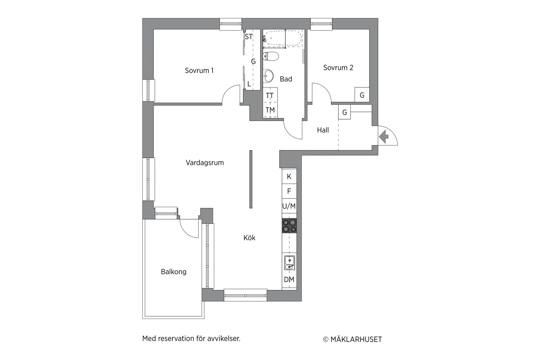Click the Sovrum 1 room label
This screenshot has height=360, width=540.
(199, 71)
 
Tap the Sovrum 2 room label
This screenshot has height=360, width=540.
(338, 68)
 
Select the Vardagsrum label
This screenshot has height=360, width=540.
(205, 163)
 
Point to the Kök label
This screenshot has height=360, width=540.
(249, 238)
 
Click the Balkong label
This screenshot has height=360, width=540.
(173, 272)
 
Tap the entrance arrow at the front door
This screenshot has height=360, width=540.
(384, 136)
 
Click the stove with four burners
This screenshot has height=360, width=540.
(289, 226)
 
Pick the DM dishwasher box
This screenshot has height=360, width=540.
(289, 280)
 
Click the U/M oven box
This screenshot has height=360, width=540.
(289, 206)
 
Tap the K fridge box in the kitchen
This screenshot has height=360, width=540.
(289, 177)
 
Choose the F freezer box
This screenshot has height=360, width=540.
(289, 191)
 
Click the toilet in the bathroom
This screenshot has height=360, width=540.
(271, 56)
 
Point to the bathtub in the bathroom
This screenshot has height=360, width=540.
(283, 38)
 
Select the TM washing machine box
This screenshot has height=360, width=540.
(270, 110)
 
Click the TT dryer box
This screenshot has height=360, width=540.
(270, 96)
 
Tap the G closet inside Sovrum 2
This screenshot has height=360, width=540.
(362, 95)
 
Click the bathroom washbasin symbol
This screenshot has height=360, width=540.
(268, 76)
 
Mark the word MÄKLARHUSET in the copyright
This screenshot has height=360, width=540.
(356, 339)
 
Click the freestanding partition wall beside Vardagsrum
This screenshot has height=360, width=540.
(251, 179)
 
